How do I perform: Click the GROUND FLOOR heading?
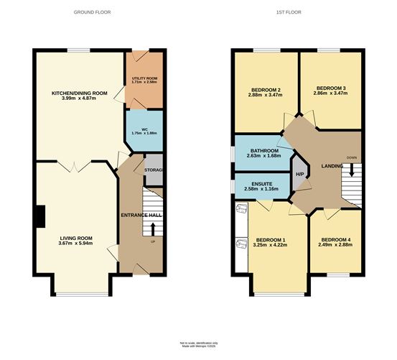pyautogui.click(x=92, y=13)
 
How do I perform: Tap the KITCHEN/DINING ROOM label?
pyautogui.click(x=79, y=93)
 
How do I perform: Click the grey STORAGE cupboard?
pyautogui.click(x=154, y=170)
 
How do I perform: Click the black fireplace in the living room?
pyautogui.click(x=41, y=215)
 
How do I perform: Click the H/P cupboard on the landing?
pyautogui.click(x=299, y=173)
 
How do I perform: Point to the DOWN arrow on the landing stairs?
pyautogui.click(x=351, y=169)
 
